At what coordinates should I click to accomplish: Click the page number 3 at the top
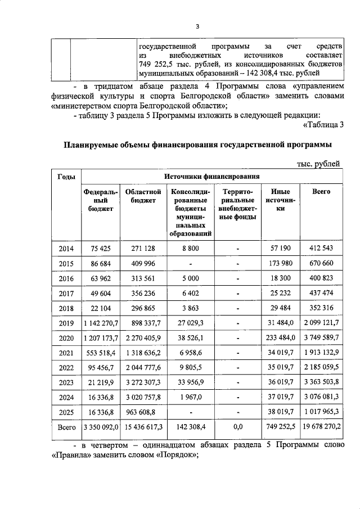coord(197,26)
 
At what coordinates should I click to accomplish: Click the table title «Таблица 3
coord(323,125)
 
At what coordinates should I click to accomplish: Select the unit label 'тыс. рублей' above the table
coord(318,163)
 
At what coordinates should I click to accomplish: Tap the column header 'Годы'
coord(66,177)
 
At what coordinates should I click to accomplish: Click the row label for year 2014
coord(66,247)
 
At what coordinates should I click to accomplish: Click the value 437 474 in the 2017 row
coord(321,293)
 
